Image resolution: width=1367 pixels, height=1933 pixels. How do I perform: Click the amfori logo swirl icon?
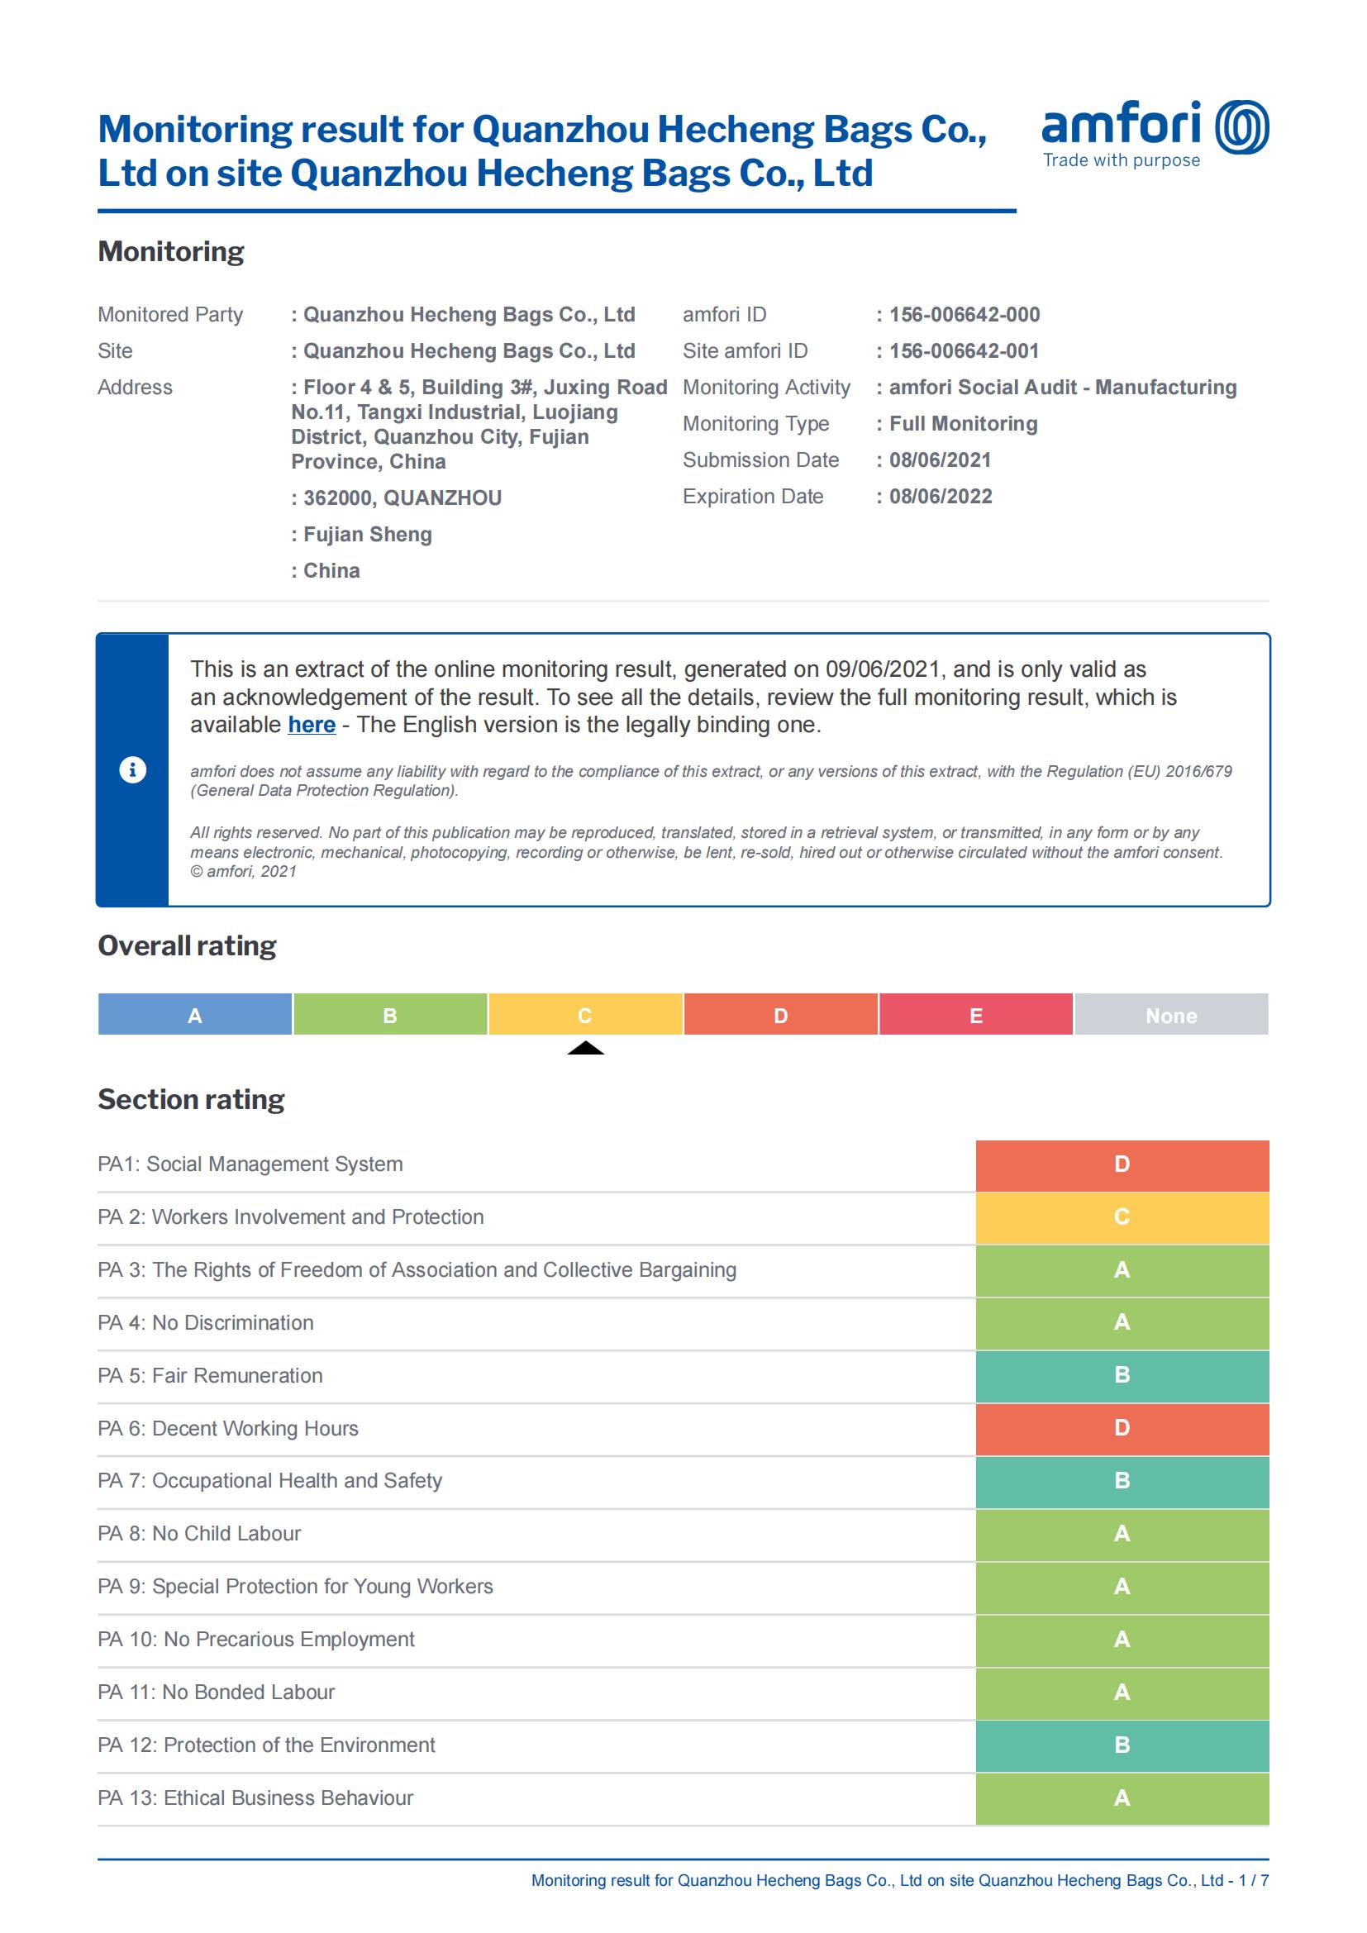point(1241,127)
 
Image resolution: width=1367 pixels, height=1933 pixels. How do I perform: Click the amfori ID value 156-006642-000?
point(964,315)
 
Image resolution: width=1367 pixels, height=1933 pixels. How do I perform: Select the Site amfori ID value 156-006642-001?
point(964,351)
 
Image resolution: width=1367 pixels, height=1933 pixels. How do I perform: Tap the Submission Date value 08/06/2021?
point(940,460)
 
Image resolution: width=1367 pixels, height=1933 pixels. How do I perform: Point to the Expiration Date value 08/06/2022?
point(941,497)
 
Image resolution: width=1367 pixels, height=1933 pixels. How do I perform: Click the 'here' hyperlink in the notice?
point(312,725)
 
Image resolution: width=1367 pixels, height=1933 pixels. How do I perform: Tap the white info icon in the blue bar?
point(133,769)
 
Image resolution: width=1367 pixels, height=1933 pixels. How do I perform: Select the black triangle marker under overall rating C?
point(586,1048)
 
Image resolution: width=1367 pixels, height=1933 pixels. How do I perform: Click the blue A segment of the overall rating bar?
point(195,1015)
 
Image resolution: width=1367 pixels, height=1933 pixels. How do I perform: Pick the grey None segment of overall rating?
point(1171,1015)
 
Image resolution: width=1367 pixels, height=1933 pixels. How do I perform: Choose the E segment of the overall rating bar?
point(975,1015)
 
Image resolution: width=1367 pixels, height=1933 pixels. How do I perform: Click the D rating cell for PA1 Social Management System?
point(1122,1165)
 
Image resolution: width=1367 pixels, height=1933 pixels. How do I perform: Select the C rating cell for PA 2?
point(1122,1217)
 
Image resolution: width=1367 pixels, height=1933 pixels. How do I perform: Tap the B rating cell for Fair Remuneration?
point(1122,1376)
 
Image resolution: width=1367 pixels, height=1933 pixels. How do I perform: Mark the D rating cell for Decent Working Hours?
point(1122,1429)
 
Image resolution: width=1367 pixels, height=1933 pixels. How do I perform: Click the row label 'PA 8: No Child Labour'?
point(199,1534)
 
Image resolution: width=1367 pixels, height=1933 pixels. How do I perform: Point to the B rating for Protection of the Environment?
point(1122,1745)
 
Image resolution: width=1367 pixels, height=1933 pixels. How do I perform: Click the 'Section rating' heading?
point(191,1099)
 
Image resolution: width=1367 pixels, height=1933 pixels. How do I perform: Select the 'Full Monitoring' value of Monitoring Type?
point(963,424)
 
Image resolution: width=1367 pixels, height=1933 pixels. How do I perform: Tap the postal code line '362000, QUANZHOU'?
point(402,498)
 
